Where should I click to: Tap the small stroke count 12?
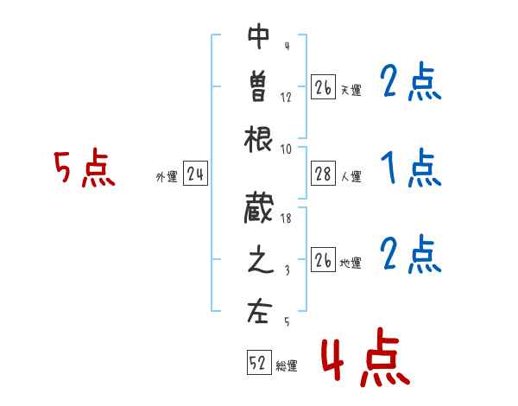pos(287,97)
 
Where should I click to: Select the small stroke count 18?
pos(286,220)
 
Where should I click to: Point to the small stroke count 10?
pos(286,148)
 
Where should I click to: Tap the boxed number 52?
pos(258,364)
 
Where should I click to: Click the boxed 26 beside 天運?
pos(323,87)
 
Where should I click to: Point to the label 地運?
pos(351,263)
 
